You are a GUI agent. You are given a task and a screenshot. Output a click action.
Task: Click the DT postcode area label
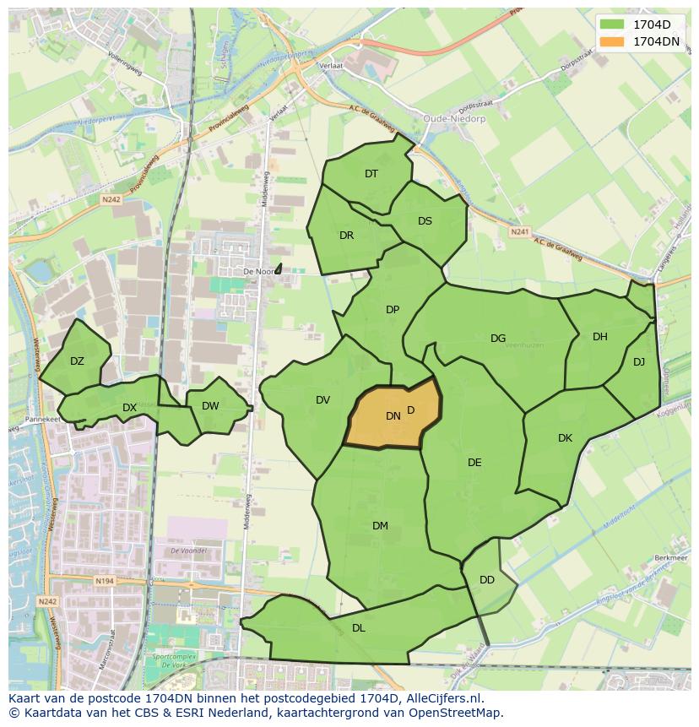click(x=371, y=174)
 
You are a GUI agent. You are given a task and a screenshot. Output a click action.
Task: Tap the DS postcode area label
click(x=425, y=221)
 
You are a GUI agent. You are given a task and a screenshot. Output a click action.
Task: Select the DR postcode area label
click(x=346, y=236)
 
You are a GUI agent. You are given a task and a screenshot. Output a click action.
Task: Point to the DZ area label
click(x=77, y=361)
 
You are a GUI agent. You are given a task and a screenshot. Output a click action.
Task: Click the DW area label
click(x=210, y=406)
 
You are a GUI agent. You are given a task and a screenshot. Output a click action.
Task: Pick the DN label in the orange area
click(x=393, y=415)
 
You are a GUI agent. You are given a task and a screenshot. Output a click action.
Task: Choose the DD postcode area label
click(x=487, y=580)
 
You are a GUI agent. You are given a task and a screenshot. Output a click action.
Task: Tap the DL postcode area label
click(x=359, y=628)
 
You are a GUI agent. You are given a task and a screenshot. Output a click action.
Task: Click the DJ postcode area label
click(x=639, y=362)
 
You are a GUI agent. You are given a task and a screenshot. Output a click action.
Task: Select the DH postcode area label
click(x=599, y=337)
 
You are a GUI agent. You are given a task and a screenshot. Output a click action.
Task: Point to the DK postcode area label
click(x=565, y=438)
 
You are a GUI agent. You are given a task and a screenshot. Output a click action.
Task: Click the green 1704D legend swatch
click(x=612, y=24)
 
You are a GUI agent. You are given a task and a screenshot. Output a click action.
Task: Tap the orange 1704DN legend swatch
click(x=612, y=41)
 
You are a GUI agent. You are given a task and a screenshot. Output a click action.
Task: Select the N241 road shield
click(x=519, y=231)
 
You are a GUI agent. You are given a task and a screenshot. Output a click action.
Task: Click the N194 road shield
click(x=105, y=581)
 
